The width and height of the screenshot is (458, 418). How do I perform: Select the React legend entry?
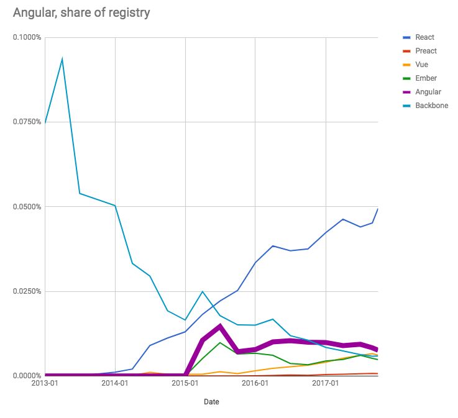click(x=426, y=37)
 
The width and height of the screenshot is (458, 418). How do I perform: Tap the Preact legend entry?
click(x=427, y=51)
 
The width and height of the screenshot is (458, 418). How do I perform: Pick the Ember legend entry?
click(x=426, y=78)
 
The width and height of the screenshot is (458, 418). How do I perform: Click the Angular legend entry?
click(x=428, y=92)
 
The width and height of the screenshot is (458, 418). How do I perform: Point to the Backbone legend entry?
click(x=431, y=106)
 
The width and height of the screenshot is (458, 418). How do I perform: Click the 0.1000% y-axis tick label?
click(x=27, y=37)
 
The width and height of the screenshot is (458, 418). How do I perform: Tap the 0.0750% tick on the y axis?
click(x=27, y=122)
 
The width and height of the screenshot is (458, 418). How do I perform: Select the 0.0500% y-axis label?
click(x=27, y=207)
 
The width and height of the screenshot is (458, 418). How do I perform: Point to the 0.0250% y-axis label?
click(x=27, y=291)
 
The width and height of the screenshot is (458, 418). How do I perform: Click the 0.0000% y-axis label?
click(x=27, y=376)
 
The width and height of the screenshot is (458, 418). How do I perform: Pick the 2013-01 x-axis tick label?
click(x=45, y=384)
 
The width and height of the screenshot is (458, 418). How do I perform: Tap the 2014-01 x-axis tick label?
click(x=115, y=384)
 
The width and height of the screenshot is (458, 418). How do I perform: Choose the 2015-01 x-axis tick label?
click(x=185, y=384)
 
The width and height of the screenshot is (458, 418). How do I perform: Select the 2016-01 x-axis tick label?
click(x=255, y=384)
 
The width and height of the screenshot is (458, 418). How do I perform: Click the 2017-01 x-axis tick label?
click(x=325, y=384)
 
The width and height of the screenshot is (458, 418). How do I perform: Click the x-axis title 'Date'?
click(x=211, y=402)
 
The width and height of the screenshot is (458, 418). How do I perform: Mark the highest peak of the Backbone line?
click(x=62, y=59)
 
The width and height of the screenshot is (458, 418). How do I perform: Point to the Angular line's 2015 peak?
click(x=220, y=326)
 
